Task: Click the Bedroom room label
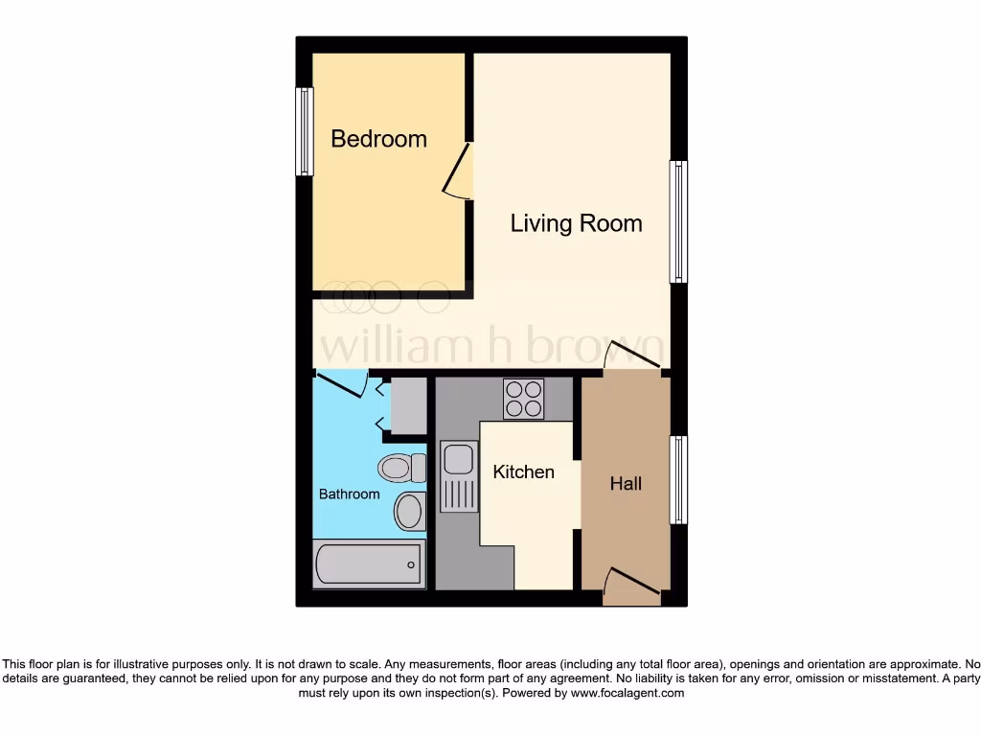pos(378,139)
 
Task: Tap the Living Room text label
pos(576,224)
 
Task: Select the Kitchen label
pos(523,471)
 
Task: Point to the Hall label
pos(626,484)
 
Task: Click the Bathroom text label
pos(349,494)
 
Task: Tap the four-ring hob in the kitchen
pos(523,399)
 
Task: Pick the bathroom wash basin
pos(409,511)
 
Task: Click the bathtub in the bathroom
pos(369,563)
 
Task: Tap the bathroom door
pos(342,383)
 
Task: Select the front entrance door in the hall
pos(633,582)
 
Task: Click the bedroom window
pos(305,131)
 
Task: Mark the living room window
pos(678,221)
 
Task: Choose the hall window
pos(678,479)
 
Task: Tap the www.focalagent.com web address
pos(627,693)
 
